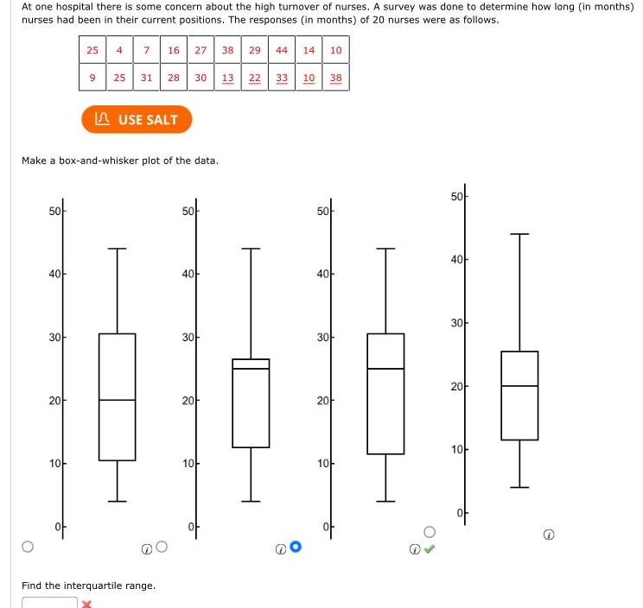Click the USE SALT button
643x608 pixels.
coord(137,119)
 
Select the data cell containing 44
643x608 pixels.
coord(282,50)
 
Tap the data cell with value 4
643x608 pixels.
coord(119,50)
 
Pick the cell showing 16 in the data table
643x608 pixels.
coord(174,50)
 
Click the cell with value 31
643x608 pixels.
coord(147,78)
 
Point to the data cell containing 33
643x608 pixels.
coord(282,78)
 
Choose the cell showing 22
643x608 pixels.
coord(255,78)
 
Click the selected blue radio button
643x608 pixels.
coord(296,546)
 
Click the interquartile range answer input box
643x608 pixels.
coord(49,602)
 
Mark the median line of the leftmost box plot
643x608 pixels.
coord(117,400)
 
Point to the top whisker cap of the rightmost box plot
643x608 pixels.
coord(519,234)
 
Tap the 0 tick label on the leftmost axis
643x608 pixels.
coord(57,527)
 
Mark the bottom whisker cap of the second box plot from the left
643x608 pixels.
coord(251,501)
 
